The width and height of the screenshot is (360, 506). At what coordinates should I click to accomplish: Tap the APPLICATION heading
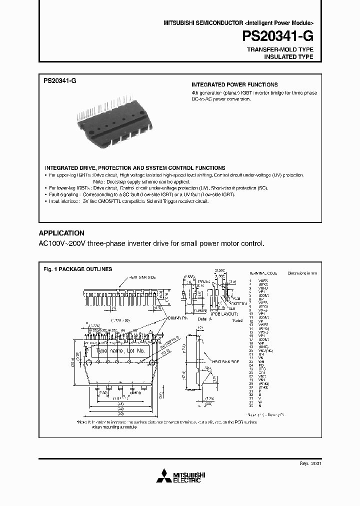pyautogui.click(x=61, y=233)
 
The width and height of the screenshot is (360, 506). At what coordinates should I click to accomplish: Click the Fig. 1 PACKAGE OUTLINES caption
pyautogui.click(x=77, y=269)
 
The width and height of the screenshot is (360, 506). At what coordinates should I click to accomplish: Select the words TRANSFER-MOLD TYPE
pyautogui.click(x=280, y=50)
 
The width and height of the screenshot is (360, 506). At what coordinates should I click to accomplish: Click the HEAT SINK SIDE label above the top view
pyautogui.click(x=143, y=277)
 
